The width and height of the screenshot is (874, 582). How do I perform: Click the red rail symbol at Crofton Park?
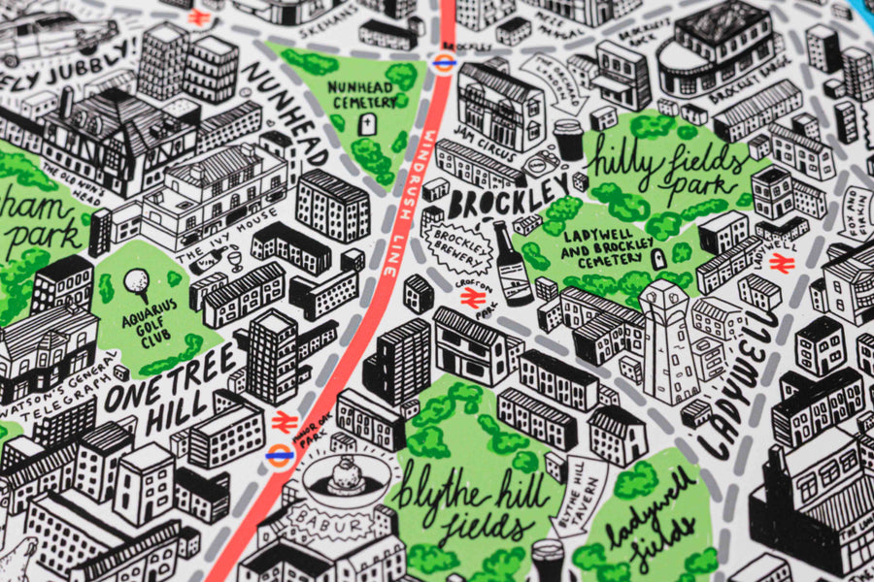click(473, 301)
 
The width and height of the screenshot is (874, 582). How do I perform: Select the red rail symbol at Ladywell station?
click(785, 263)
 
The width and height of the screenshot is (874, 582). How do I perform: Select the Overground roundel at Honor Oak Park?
click(279, 457)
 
